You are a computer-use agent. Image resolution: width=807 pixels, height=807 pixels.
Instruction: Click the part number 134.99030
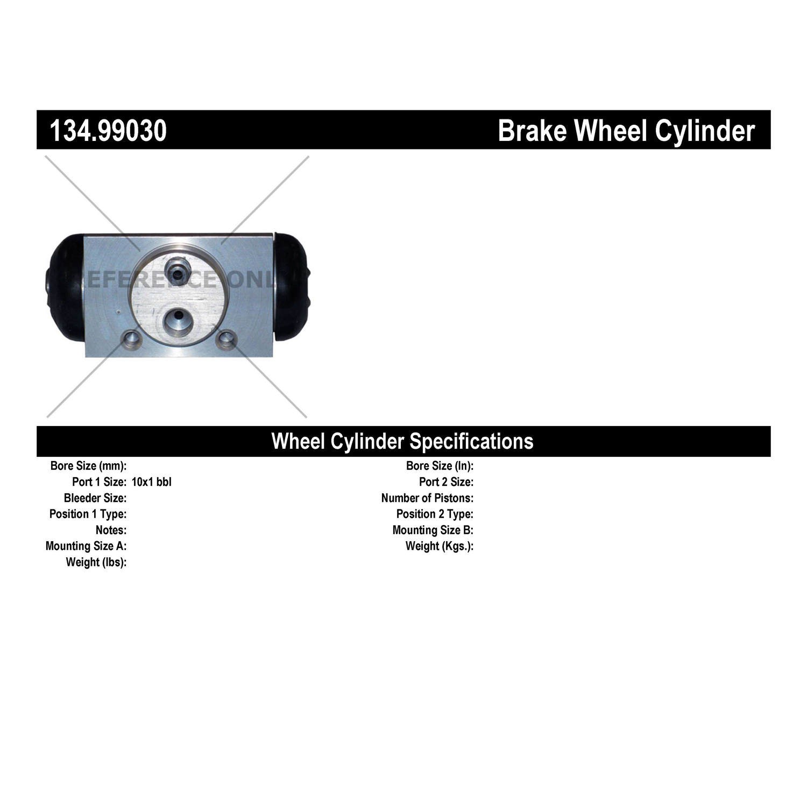[x=108, y=131]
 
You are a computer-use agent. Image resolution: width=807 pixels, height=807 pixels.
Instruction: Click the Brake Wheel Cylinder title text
[x=626, y=131]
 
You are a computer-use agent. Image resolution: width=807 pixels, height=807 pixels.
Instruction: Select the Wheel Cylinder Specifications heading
[x=402, y=441]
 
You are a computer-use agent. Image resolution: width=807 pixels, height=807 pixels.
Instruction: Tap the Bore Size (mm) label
[x=88, y=466]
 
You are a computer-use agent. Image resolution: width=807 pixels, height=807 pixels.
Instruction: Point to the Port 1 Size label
[x=100, y=482]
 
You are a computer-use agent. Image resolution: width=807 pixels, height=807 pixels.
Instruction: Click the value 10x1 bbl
[x=152, y=482]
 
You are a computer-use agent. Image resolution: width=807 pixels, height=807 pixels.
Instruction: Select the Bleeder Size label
[x=95, y=498]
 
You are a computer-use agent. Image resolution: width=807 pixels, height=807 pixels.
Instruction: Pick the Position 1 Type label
[x=88, y=514]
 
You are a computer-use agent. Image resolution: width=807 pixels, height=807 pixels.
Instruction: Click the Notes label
[x=111, y=530]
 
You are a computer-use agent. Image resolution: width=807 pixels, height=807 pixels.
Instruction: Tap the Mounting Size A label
[x=86, y=546]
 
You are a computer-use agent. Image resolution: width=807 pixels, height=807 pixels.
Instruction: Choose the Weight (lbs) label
[x=96, y=562]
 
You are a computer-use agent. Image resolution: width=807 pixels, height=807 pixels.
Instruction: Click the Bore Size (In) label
[x=440, y=466]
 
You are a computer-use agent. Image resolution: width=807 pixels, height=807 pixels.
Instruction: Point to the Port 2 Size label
[x=447, y=482]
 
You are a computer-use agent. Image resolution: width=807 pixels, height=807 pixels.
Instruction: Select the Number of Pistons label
[x=428, y=498]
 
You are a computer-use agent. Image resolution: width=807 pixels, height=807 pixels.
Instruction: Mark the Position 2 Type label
[x=435, y=514]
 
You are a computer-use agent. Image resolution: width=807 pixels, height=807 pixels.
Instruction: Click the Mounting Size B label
[x=433, y=530]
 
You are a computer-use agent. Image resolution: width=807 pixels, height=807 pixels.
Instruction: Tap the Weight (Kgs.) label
[x=440, y=546]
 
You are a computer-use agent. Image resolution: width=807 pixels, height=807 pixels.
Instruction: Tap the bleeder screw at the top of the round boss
[x=176, y=269]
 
